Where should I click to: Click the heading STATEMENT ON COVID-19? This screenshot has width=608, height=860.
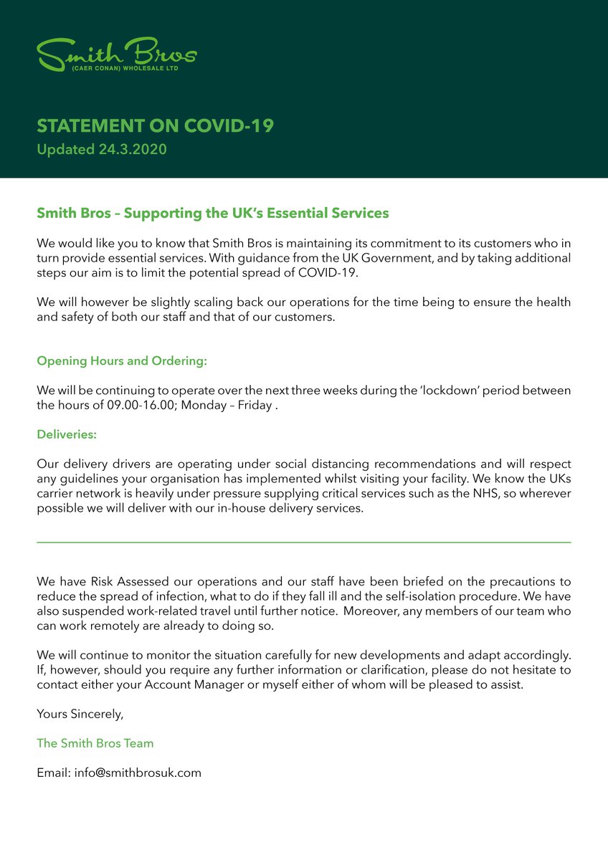[155, 126]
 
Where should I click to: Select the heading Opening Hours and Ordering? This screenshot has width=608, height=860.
[122, 361]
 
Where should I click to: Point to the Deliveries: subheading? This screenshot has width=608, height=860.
[67, 434]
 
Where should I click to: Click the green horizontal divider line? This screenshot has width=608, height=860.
[304, 543]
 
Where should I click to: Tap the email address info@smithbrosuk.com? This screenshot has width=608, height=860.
[138, 773]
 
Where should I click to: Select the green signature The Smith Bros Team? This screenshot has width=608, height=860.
[95, 743]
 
